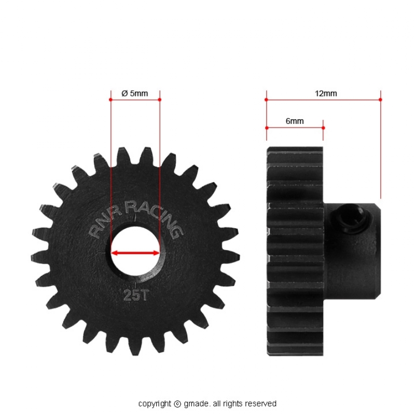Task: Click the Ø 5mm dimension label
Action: (x=134, y=93)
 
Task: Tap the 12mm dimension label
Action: (x=326, y=93)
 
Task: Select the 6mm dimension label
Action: (x=295, y=121)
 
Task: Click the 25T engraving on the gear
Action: (x=135, y=295)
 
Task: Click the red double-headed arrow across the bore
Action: (x=135, y=253)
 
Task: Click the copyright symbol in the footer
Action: (x=177, y=404)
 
